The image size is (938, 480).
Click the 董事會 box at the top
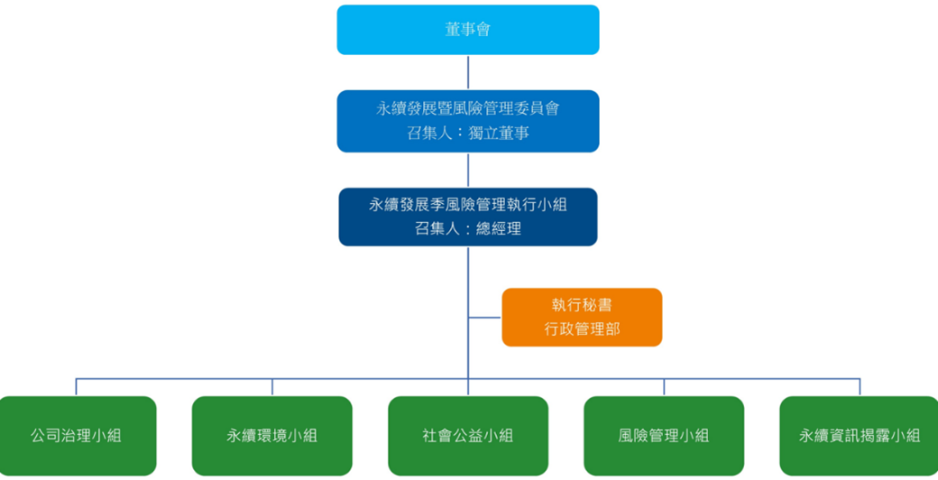(468, 30)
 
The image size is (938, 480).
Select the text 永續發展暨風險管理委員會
(468, 108)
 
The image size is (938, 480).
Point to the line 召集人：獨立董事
(468, 133)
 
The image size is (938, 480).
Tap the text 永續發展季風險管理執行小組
(468, 205)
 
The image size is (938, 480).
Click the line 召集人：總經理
(468, 229)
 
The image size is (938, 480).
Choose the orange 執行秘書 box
(582, 317)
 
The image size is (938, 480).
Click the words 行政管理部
(582, 330)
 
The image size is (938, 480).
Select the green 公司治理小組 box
(76, 436)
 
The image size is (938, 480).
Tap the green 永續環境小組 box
(271, 436)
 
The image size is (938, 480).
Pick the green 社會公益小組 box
(468, 436)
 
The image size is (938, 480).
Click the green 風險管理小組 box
(664, 436)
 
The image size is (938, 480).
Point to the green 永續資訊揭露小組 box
(860, 436)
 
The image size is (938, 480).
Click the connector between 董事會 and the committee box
(468, 72)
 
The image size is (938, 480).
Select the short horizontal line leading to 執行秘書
(485, 318)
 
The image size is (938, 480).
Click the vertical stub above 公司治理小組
(76, 387)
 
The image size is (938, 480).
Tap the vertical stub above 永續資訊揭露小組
(860, 387)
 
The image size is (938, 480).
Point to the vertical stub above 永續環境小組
(272, 387)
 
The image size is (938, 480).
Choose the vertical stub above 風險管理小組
(664, 387)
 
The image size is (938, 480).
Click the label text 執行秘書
(582, 305)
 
